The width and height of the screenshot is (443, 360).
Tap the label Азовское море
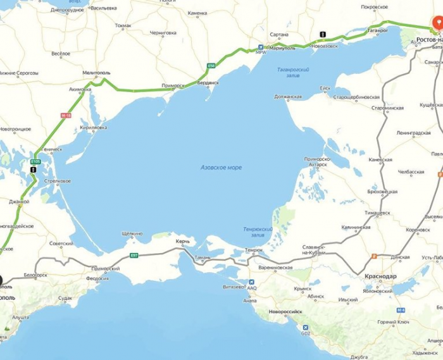[x=221, y=167]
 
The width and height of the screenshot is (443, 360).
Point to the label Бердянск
[x=208, y=83]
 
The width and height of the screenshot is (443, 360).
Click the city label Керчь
[x=182, y=241]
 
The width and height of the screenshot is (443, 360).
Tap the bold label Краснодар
[x=380, y=276]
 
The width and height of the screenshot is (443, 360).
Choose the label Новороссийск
[x=285, y=311]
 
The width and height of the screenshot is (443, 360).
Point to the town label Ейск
[x=325, y=88]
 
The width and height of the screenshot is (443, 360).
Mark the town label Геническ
[x=51, y=149]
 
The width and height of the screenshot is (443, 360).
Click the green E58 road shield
[x=211, y=66]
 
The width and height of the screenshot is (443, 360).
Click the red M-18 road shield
[x=66, y=115]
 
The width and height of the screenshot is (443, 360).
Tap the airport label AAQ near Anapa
[x=252, y=288]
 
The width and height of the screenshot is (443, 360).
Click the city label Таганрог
[x=377, y=30]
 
